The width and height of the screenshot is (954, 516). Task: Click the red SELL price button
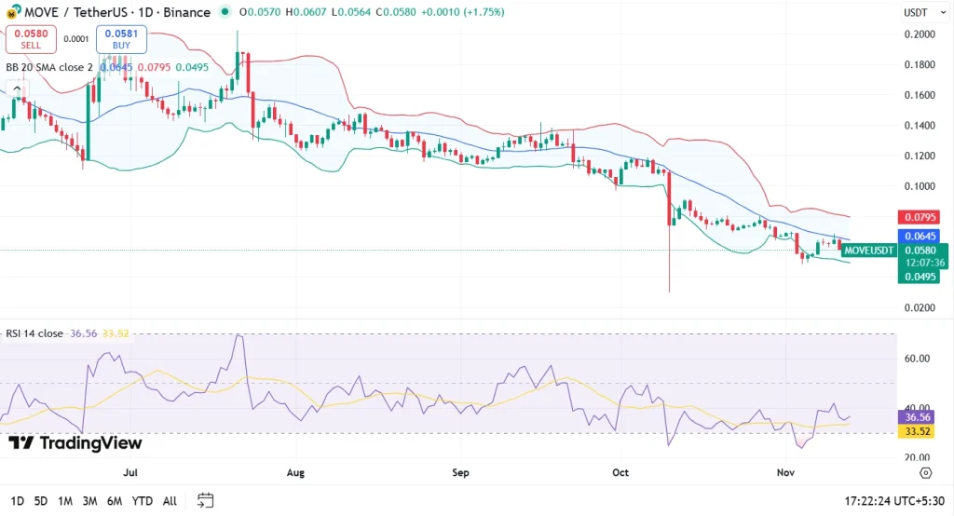(31, 38)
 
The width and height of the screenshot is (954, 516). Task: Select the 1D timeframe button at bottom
(18, 501)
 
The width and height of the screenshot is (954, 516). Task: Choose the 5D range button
(41, 501)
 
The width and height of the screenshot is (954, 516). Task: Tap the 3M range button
(89, 501)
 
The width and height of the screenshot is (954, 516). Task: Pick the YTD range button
(143, 501)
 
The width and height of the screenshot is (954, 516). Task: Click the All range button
(170, 501)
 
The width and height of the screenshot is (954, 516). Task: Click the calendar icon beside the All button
(206, 500)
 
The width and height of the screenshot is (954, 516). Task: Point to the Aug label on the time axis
(295, 473)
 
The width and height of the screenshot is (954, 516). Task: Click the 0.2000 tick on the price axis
(920, 34)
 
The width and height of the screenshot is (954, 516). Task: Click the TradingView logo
(75, 443)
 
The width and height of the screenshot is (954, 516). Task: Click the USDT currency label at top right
(917, 13)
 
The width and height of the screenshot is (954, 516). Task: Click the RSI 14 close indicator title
(34, 333)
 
